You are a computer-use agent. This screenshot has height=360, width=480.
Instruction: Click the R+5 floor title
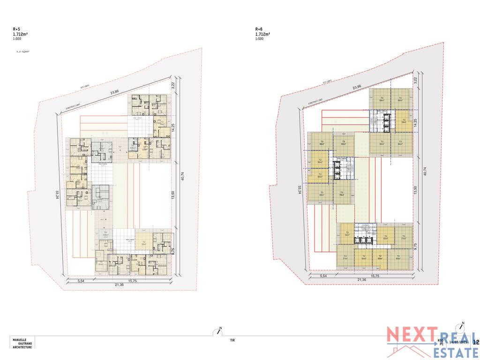pos(16,29)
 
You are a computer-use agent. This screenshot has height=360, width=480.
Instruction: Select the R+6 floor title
pos(259,29)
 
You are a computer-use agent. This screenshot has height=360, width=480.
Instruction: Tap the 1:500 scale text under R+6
pos(259,39)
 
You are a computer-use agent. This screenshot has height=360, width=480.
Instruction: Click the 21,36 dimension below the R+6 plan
pos(361,280)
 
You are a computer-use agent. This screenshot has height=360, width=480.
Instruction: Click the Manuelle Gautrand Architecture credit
pos(22,343)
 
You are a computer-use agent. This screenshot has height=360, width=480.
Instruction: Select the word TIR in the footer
pos(232,341)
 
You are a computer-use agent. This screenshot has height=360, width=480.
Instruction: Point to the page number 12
pos(476,343)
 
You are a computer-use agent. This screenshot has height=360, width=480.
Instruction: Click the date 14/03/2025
pos(458,342)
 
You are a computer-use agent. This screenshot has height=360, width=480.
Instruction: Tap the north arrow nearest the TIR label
pos(218,331)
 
